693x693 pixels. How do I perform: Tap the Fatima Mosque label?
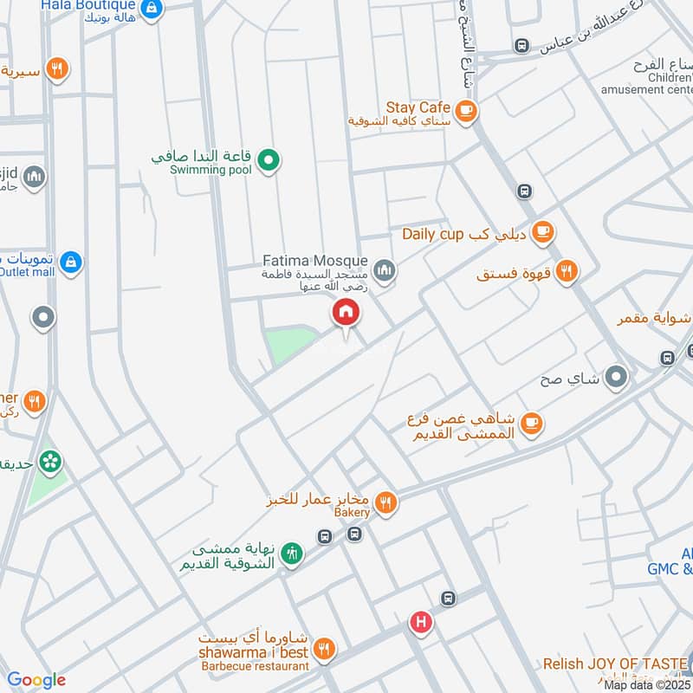coord(315,261)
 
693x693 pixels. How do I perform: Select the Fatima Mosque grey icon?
coord(385,272)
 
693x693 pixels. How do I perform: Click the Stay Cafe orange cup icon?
coord(466,110)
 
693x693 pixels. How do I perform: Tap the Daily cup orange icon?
coord(543,231)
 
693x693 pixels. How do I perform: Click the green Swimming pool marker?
coord(269,159)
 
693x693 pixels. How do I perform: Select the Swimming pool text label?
coord(210,170)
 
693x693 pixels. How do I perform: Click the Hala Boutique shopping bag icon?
coord(152,9)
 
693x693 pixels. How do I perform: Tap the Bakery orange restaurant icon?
coord(385,502)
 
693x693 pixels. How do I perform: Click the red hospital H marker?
coord(421,621)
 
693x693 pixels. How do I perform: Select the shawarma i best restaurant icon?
coord(323,648)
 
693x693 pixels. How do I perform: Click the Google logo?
coord(36,680)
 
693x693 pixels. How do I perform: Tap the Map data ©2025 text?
coord(646,684)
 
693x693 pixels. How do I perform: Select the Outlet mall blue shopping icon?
coord(71,261)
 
